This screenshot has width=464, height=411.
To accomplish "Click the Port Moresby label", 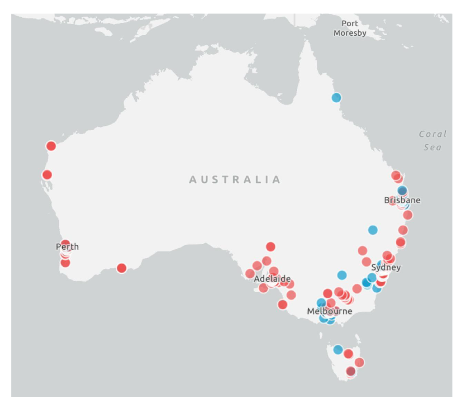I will click(350, 29).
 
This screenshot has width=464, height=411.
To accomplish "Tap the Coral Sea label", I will click(433, 141).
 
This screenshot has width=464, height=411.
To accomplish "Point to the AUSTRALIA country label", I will click(235, 180).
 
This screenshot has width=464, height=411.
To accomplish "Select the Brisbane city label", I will click(402, 200).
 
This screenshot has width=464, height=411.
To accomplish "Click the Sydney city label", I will click(386, 267).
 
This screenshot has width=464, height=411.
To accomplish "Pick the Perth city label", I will click(67, 247).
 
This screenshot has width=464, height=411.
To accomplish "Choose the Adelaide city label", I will click(272, 278).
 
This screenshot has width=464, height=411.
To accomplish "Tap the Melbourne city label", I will click(330, 311).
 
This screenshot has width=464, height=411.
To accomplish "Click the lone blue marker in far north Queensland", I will click(336, 98).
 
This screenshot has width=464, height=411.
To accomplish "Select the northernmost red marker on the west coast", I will click(51, 146).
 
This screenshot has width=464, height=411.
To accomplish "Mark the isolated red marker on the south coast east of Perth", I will click(122, 268).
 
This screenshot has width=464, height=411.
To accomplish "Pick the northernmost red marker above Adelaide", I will click(271, 247).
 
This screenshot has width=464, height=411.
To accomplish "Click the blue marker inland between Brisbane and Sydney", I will click(373, 230).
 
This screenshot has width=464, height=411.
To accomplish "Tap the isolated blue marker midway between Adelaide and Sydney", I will click(342, 275).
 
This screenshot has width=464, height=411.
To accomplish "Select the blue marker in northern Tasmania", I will click(338, 350).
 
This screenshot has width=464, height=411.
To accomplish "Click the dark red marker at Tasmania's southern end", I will click(350, 372).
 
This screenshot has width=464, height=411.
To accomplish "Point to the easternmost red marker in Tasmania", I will click(360, 363).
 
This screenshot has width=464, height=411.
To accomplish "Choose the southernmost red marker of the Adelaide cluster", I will click(283, 305).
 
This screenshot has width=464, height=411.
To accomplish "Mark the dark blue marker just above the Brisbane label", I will click(402, 191).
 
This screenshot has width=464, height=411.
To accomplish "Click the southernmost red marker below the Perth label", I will click(65, 263).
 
